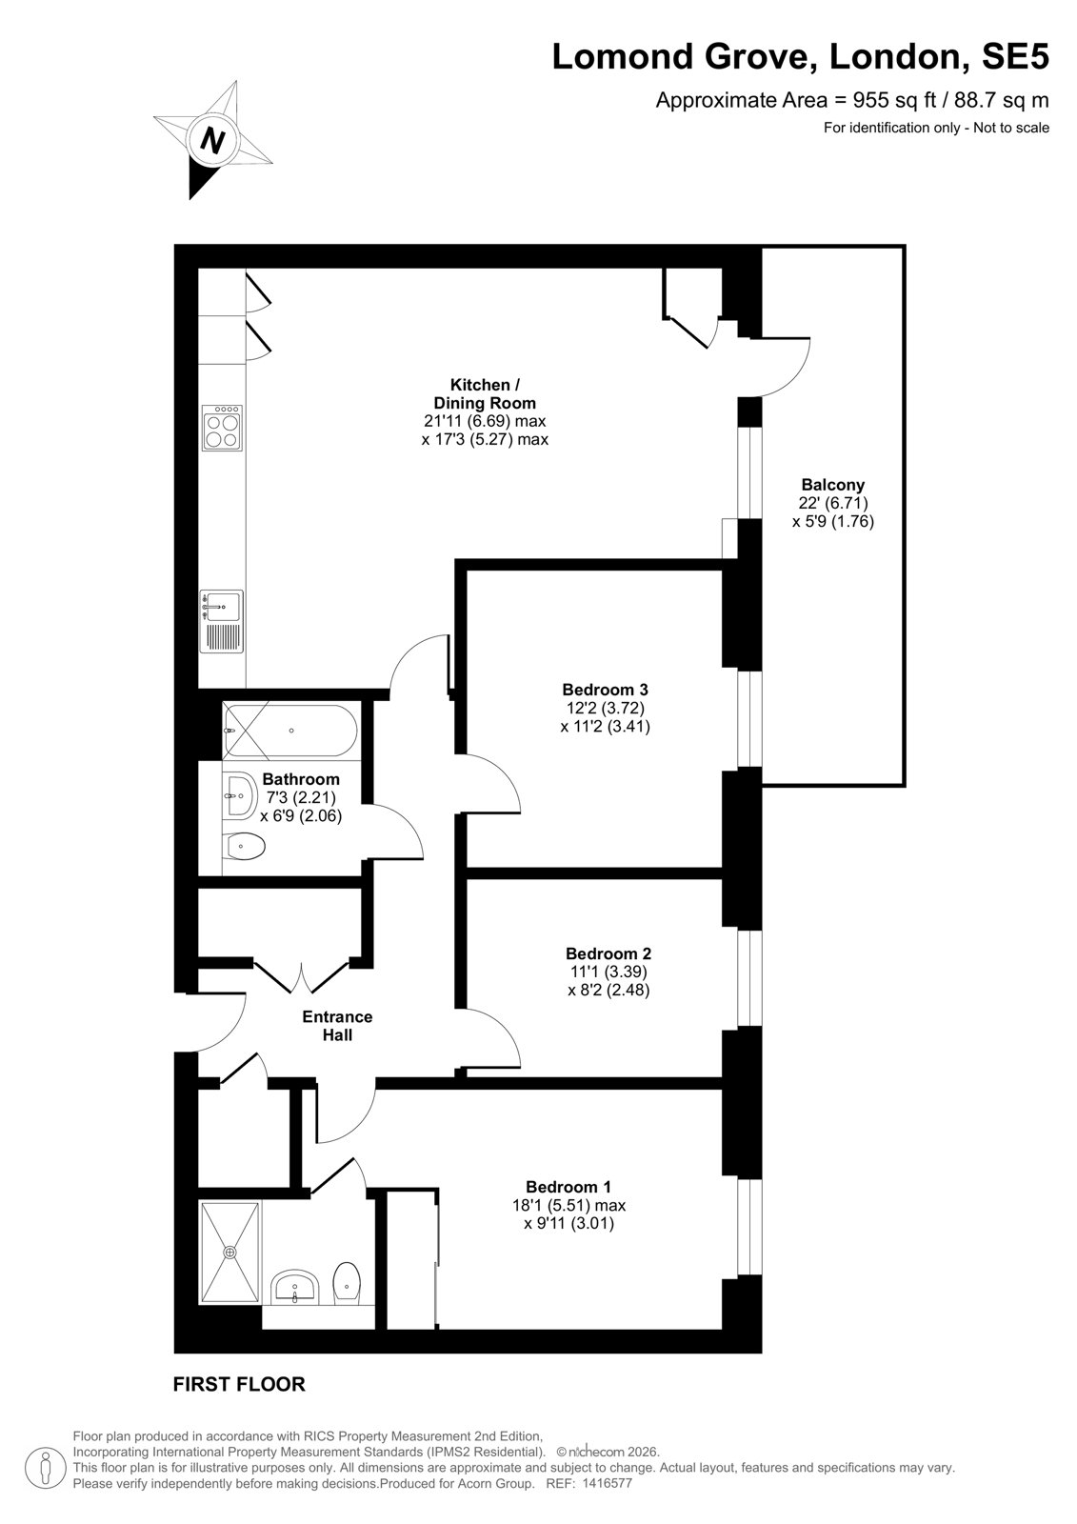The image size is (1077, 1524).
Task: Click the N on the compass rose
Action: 213,141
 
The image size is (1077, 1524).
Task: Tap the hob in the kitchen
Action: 222,428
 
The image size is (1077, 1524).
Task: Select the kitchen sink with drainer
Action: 221,622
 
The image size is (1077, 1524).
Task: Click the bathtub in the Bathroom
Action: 289,731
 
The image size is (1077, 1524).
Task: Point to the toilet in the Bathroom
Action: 243,847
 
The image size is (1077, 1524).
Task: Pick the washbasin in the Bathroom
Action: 239,794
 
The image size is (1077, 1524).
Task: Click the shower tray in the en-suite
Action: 229,1253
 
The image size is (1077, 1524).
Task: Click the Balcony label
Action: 833,485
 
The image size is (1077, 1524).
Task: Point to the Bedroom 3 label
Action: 605,690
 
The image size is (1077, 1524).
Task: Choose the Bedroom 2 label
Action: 608,953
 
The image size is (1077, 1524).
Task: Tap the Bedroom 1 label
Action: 568,1187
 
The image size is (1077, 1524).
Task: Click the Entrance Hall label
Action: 337,1025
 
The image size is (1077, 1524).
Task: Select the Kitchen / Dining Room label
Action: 485,393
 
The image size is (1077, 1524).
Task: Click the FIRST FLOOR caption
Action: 239,1384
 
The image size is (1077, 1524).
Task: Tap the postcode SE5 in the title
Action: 1014,56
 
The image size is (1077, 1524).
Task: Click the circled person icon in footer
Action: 46,1466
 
